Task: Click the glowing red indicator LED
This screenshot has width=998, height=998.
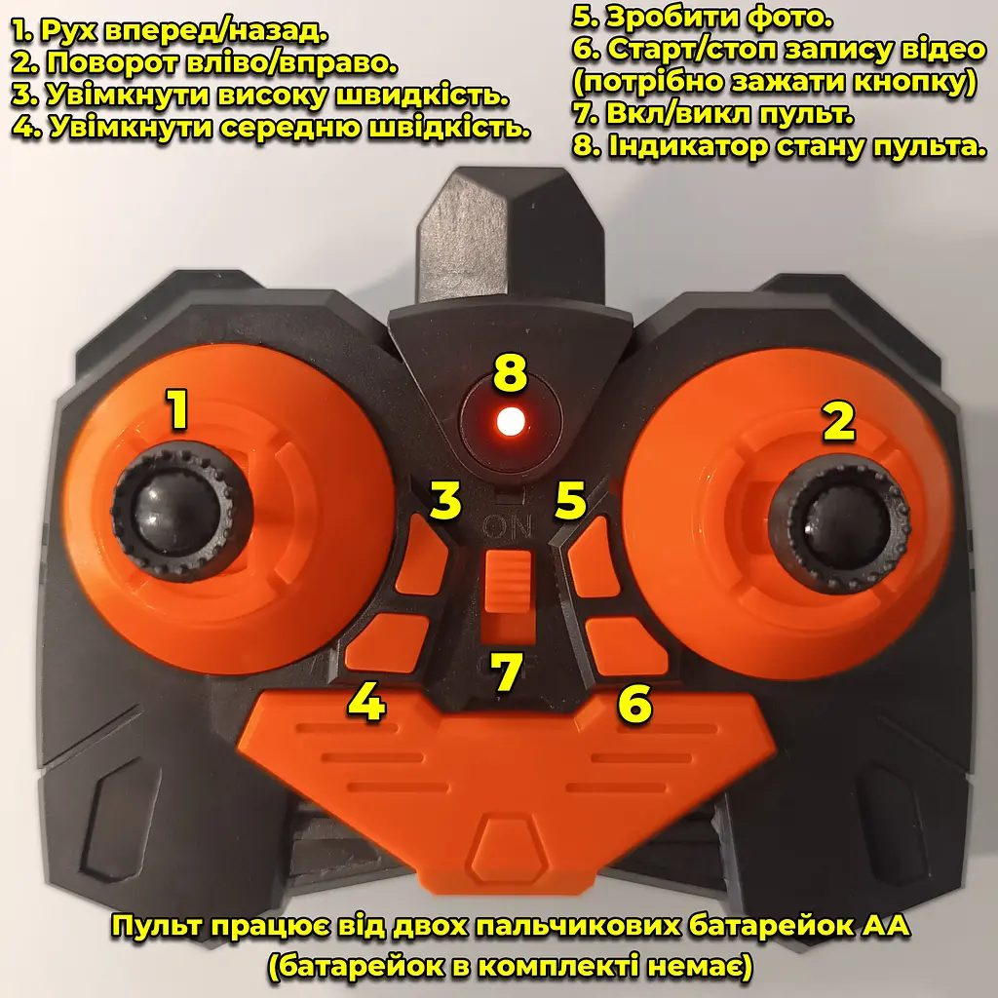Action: [x=511, y=421]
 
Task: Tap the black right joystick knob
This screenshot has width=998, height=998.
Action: [x=839, y=523]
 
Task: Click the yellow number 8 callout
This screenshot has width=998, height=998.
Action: [x=511, y=373]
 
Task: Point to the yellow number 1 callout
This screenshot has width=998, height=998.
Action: [x=178, y=409]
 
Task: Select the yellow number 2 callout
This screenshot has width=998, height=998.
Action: [x=839, y=421]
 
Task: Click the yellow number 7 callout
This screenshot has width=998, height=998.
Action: [x=507, y=672]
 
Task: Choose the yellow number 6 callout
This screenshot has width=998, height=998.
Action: [x=634, y=704]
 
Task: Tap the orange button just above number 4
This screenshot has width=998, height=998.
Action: [x=387, y=643]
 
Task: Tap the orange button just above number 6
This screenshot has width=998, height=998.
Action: [x=627, y=646]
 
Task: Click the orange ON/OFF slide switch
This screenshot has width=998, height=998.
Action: [x=508, y=582]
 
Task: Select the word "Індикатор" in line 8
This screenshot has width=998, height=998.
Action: [x=688, y=146]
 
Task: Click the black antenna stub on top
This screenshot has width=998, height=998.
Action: [x=509, y=236]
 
